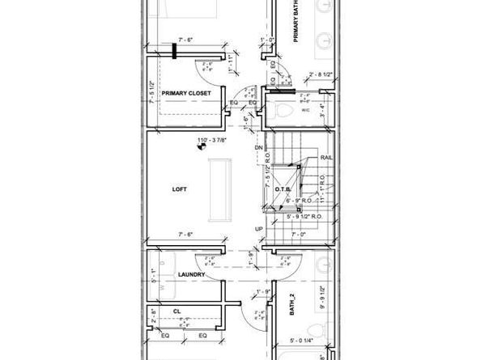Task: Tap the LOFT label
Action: pyautogui.click(x=179, y=189)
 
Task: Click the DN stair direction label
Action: pyautogui.click(x=258, y=148)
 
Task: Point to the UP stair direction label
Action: pyautogui.click(x=258, y=229)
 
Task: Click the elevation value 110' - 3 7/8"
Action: pyautogui.click(x=212, y=139)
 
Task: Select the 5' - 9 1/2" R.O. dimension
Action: pyautogui.click(x=301, y=216)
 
